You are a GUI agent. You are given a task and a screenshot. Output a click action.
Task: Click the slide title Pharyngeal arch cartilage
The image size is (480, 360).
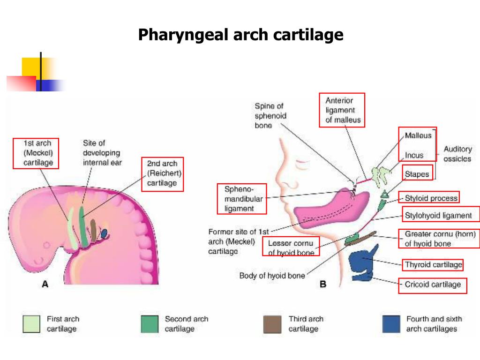240,35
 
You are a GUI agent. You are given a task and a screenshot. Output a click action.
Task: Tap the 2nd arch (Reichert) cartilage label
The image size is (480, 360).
162,173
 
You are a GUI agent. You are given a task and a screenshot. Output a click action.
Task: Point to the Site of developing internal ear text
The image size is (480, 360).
102,153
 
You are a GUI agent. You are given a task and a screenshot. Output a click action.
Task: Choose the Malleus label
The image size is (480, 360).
417,135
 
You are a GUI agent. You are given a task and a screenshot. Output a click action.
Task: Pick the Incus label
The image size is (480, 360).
414,155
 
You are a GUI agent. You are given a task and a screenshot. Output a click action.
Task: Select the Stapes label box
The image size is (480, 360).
417,174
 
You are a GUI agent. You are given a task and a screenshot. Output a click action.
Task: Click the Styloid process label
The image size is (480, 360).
431,198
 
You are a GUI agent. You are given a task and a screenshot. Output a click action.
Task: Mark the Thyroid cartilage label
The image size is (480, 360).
433,265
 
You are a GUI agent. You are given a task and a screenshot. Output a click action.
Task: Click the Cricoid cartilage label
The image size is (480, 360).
433,284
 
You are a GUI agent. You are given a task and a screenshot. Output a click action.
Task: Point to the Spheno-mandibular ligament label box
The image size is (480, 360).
242,199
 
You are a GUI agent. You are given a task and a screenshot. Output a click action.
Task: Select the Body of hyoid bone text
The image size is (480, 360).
272,276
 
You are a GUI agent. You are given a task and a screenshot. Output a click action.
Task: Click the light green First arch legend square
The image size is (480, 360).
31,323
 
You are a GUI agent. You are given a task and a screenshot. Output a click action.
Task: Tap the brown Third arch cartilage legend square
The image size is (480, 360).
272,323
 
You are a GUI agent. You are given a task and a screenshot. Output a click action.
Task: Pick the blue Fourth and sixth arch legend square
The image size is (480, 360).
390,323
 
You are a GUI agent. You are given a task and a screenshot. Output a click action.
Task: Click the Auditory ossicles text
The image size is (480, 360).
457,154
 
